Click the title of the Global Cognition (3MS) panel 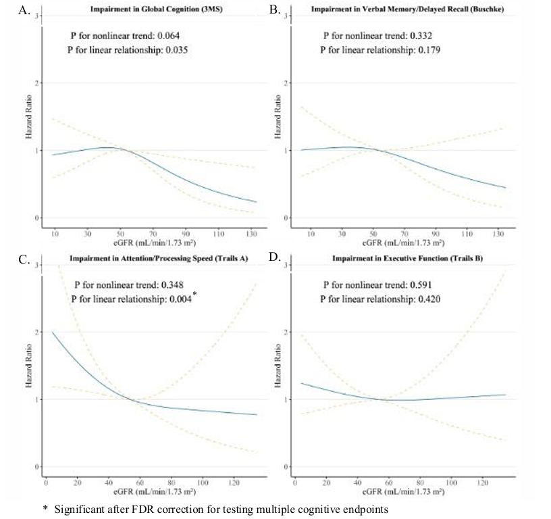click(147, 9)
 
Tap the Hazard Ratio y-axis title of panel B click(276, 116)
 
